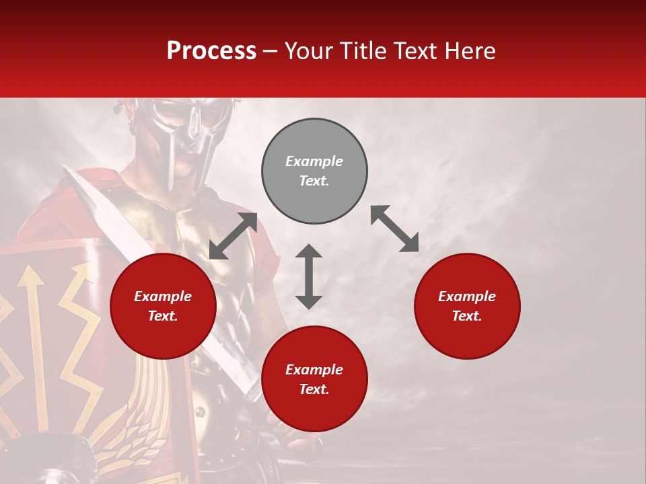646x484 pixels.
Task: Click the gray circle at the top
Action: pos(314,171)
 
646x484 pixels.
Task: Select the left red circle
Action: pos(163,307)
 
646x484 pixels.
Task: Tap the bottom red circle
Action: pos(314,379)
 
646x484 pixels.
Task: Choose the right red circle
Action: pos(467,307)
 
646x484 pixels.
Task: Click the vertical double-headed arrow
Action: pos(309,276)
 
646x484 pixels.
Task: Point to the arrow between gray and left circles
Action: pos(233,236)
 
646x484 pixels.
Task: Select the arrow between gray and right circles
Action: pos(394,229)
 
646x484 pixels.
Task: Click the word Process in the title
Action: pos(211,51)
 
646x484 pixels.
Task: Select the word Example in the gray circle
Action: pos(314,161)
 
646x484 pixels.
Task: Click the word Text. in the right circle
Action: pos(467,316)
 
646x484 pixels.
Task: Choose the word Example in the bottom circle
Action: pos(314,370)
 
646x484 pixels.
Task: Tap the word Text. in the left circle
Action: pos(163,316)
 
